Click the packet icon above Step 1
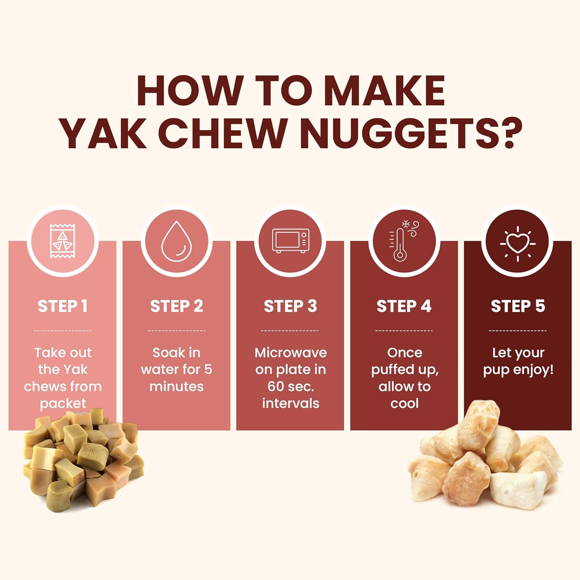(63, 241)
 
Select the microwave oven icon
(290, 241)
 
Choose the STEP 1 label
(63, 306)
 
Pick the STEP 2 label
(177, 306)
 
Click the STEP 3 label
(290, 306)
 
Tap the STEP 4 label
(404, 306)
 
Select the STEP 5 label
(518, 306)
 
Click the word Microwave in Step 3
(291, 353)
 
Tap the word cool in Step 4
(404, 404)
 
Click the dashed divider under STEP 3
(290, 331)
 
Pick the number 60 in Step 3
(276, 387)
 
